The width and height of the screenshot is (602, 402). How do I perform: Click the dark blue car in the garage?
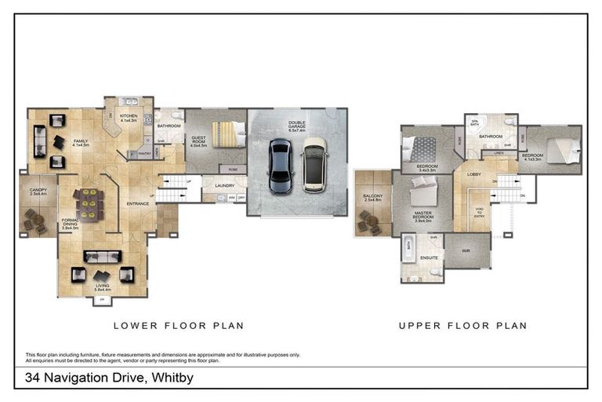point(280,166)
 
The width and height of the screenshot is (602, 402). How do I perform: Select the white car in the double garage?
point(314,163)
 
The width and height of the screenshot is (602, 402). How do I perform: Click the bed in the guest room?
point(228,133)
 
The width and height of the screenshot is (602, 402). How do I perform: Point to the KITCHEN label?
point(129,116)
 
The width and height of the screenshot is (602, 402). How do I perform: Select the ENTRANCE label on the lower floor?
point(138,204)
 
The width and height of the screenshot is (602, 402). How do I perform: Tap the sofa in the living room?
point(103,257)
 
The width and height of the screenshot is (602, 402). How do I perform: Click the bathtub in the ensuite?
point(408,251)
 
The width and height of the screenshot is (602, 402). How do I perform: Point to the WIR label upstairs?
point(466,252)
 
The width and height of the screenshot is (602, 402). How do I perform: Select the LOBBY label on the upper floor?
point(474,174)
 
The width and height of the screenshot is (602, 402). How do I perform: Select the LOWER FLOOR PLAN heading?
point(179,325)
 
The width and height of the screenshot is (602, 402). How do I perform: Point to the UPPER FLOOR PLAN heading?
point(462,325)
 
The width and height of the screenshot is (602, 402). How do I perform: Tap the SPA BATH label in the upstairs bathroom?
point(474,122)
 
